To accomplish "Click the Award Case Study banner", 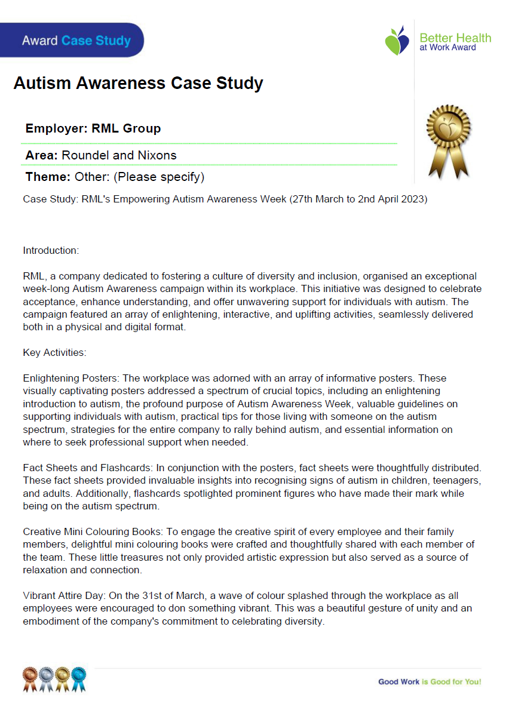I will tap(76, 41).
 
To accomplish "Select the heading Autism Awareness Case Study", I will tap(138, 83).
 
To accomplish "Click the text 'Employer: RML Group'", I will tap(93, 128).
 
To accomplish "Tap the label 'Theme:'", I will tap(48, 177).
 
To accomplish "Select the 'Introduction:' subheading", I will tap(51, 250).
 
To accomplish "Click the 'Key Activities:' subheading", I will tap(54, 352).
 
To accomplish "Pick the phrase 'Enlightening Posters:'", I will tap(71, 379).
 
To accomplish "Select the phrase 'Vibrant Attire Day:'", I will tap(66, 596).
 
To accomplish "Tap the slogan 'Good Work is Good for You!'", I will tap(430, 681).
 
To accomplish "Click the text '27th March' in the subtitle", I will tap(312, 199).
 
